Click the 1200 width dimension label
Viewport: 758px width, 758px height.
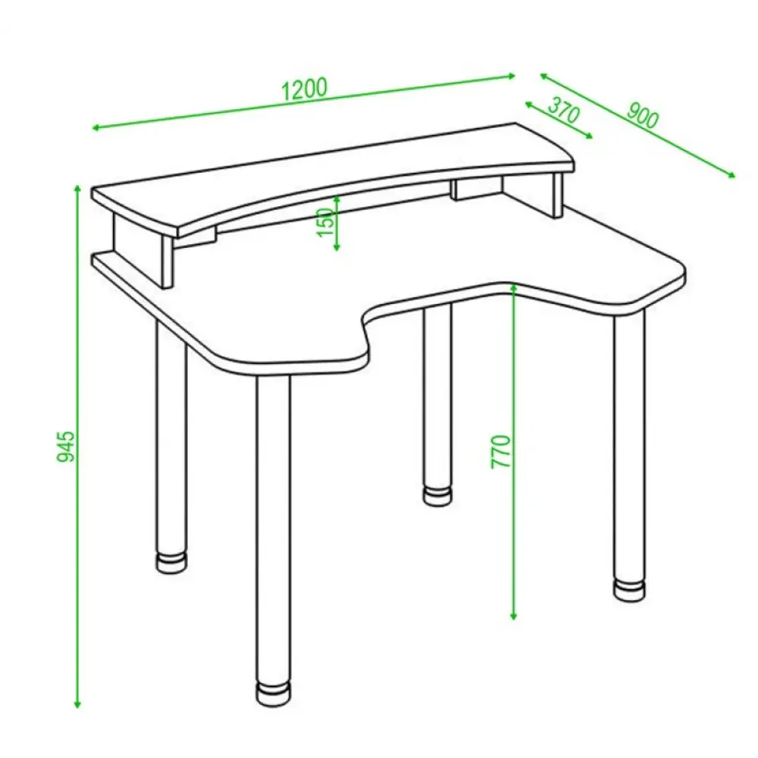point(304,89)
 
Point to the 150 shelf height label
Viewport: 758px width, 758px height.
point(326,222)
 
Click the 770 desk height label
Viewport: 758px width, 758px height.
point(501,452)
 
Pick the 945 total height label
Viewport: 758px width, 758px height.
point(66,446)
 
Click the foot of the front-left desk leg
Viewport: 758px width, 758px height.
point(274,694)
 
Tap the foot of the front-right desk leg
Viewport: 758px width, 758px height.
point(629,589)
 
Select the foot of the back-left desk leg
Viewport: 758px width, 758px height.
point(171,562)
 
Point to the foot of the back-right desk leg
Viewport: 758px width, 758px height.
point(437,496)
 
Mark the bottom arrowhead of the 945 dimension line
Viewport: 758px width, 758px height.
point(77,704)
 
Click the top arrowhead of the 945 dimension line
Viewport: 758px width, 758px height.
point(77,189)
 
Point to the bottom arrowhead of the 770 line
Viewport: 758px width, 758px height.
point(514,615)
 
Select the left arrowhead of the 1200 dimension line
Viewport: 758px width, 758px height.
point(96,127)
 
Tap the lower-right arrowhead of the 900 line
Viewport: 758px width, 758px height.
point(731,174)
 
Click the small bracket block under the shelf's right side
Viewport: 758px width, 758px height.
point(477,189)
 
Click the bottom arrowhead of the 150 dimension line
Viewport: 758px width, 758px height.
point(337,248)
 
